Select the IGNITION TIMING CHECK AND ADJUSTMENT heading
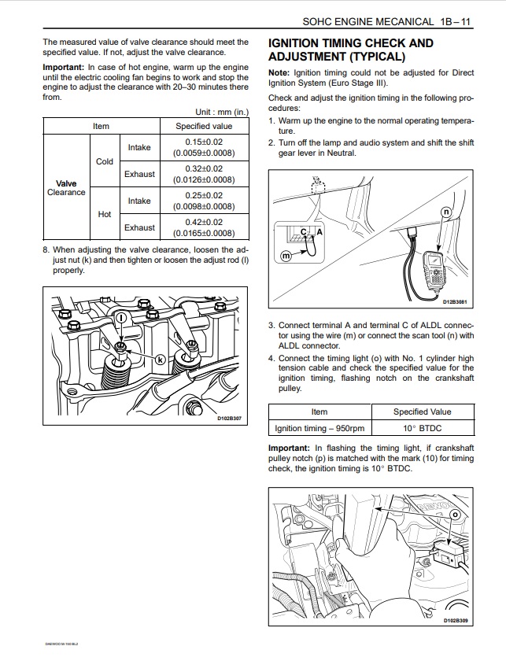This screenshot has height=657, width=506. [x=351, y=50]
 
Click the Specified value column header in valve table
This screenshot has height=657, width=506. [x=204, y=126]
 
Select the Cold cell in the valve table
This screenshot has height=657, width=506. [x=105, y=161]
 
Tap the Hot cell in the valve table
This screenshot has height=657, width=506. [x=105, y=214]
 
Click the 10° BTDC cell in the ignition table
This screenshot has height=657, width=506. [x=423, y=429]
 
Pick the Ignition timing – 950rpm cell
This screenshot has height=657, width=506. [x=319, y=429]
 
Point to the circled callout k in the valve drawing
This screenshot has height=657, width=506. [x=160, y=359]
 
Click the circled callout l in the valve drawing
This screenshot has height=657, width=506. [x=123, y=317]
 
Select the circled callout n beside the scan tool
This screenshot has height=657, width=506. [x=446, y=212]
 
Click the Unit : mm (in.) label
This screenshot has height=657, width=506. [x=222, y=112]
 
